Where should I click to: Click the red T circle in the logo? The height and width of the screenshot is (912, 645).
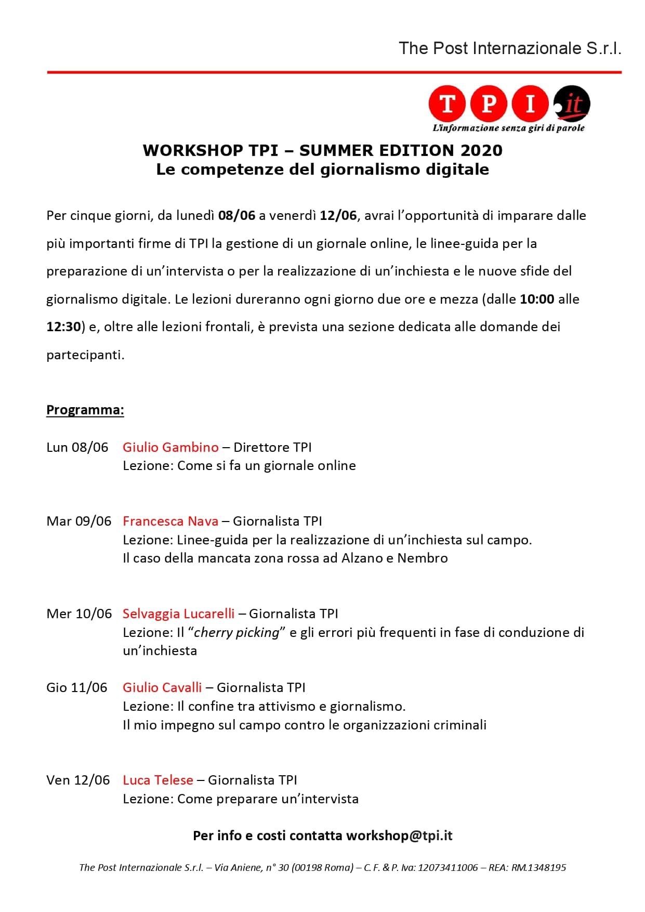[447, 103]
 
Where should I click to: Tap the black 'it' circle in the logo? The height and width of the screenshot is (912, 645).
[572, 103]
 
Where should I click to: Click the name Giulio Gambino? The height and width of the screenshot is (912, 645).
[170, 447]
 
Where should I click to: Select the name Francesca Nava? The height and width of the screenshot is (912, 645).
[170, 521]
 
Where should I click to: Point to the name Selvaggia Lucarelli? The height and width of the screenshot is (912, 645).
[179, 614]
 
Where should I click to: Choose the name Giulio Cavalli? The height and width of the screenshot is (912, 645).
[162, 687]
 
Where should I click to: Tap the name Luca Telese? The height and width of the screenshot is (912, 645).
[158, 780]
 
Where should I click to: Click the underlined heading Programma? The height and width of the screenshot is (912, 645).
[85, 410]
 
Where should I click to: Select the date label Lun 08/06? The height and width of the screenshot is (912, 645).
[77, 447]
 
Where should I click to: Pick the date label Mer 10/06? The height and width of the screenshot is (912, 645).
[79, 614]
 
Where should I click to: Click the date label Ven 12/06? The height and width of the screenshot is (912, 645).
[78, 780]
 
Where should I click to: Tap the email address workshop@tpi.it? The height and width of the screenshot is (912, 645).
[399, 836]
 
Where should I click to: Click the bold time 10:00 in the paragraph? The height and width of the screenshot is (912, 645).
[537, 299]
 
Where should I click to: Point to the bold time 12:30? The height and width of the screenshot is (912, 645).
[64, 327]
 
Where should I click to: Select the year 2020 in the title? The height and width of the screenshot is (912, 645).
[481, 150]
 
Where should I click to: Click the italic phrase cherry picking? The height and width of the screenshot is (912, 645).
[237, 632]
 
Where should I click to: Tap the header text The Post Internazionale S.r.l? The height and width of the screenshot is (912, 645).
[510, 48]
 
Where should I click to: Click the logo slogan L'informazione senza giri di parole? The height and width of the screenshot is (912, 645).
[508, 128]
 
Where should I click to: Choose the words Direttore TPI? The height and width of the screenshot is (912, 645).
[272, 447]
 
